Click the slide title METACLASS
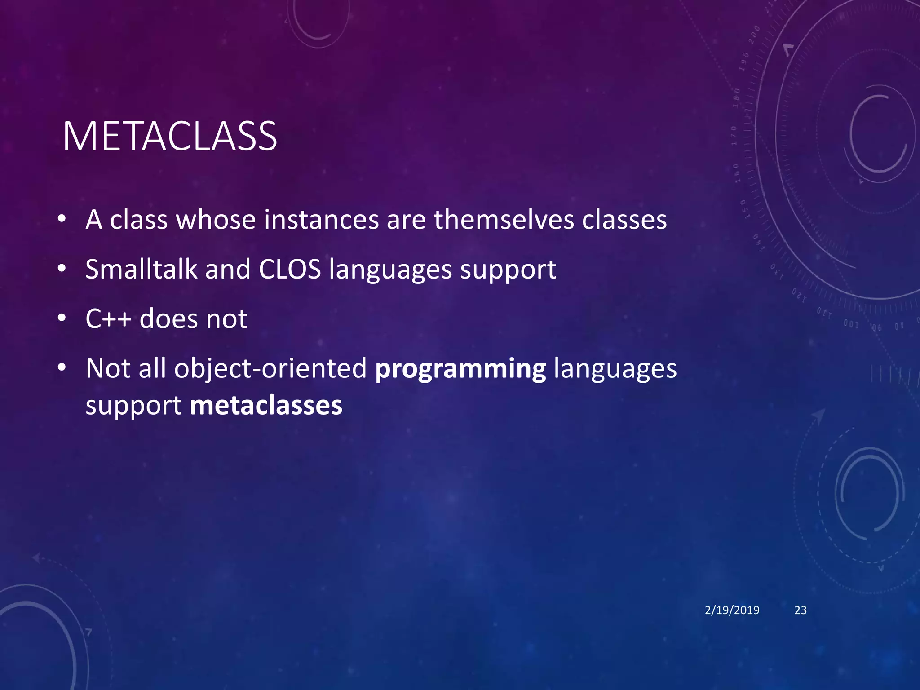click(170, 137)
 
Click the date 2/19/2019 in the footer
click(732, 610)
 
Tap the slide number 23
click(801, 610)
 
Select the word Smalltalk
click(141, 269)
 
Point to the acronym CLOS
click(290, 269)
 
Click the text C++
click(108, 318)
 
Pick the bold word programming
click(460, 369)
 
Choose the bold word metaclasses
click(266, 405)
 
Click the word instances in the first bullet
click(321, 220)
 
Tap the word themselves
click(504, 220)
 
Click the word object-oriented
click(270, 369)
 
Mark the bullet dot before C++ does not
click(62, 318)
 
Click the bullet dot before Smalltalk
click(62, 269)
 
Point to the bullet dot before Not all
click(62, 368)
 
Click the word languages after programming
click(615, 369)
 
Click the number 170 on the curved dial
click(734, 135)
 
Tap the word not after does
click(226, 318)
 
